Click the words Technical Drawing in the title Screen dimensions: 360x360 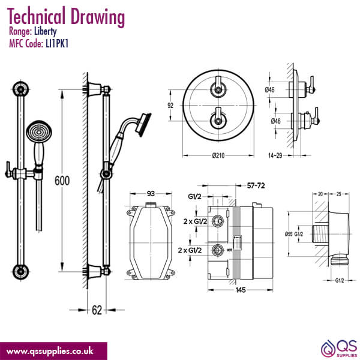[x=67, y=16]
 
